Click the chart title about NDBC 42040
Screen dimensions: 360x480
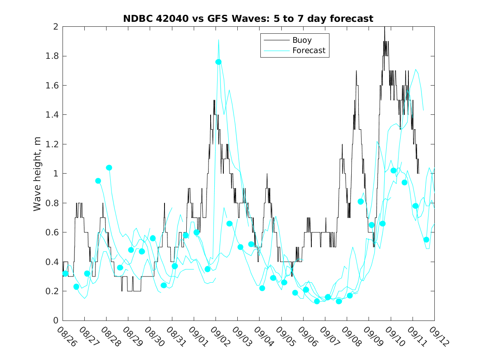point(248,19)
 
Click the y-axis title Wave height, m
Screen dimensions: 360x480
point(37,173)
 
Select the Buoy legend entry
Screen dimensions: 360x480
point(301,40)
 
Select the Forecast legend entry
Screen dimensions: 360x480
point(308,51)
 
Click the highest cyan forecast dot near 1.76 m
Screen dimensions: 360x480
point(218,62)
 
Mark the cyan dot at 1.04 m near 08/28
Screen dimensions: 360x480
point(109,167)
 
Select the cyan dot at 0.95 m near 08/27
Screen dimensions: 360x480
point(98,181)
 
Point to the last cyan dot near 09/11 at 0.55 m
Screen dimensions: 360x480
point(427,239)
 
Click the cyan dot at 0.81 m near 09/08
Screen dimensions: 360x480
point(361,201)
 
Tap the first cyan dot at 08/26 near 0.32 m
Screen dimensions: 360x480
point(65,274)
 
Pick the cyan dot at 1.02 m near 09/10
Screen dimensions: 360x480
point(394,170)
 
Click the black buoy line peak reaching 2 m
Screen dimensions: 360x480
point(385,27)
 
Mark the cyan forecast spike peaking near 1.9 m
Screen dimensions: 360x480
point(218,40)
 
